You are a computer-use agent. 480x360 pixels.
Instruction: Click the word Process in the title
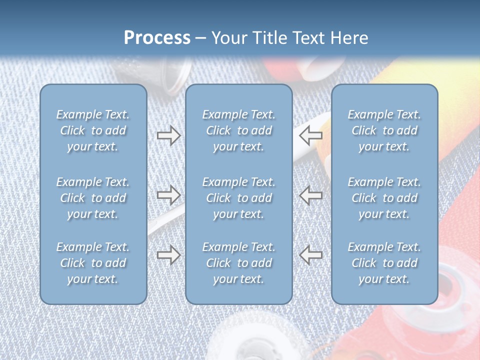pyautogui.click(x=157, y=37)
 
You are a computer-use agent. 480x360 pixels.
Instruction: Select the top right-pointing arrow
pyautogui.click(x=168, y=135)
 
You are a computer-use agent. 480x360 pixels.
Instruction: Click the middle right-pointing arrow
pyautogui.click(x=168, y=194)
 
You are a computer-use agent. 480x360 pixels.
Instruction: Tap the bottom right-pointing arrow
pyautogui.click(x=168, y=255)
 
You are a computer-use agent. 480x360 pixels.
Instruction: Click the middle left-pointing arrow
pyautogui.click(x=311, y=194)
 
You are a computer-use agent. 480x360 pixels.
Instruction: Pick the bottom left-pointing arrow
pyautogui.click(x=311, y=255)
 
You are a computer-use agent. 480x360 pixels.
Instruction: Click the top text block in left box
pyautogui.click(x=93, y=130)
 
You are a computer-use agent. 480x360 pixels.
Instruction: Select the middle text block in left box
pyautogui.click(x=93, y=198)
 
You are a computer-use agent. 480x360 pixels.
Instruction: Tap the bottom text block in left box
pyautogui.click(x=93, y=263)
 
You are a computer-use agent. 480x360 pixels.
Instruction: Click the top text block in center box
pyautogui.click(x=238, y=130)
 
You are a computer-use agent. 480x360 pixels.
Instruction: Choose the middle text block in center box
pyautogui.click(x=238, y=198)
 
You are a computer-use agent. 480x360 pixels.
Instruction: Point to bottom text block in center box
pyautogui.click(x=238, y=263)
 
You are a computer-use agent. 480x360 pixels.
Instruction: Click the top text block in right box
pyautogui.click(x=384, y=130)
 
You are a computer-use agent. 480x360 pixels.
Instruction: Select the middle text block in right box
pyautogui.click(x=384, y=198)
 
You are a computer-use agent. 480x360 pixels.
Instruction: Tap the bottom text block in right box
pyautogui.click(x=384, y=263)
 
